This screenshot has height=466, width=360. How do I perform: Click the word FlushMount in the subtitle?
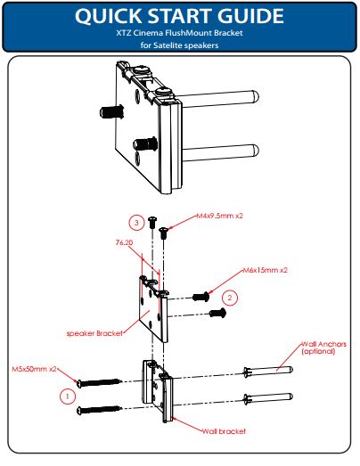coord(192,33)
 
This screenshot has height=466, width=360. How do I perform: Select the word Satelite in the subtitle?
coord(167,45)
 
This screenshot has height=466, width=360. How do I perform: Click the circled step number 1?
coord(68,397)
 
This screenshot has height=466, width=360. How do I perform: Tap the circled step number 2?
coord(230,298)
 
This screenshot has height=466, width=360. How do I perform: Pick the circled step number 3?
coord(136,223)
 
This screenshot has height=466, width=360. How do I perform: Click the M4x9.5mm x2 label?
coord(220,216)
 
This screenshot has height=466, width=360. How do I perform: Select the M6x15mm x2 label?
coord(266,270)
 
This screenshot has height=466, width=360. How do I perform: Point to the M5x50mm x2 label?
coord(34,369)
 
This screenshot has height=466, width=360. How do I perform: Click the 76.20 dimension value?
coord(124,242)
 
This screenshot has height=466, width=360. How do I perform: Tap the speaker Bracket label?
coord(94,333)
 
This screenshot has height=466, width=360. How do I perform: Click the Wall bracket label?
coord(224,431)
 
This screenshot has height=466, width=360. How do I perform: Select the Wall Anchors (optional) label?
coord(324,347)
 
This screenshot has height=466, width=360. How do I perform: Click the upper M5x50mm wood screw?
coord(100,382)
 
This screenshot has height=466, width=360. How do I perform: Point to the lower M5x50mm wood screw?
coord(100,410)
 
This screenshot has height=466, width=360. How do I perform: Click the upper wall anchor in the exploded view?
coord(268,371)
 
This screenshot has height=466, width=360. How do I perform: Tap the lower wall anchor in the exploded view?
coord(268,397)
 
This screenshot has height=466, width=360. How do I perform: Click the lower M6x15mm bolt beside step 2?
coord(218,313)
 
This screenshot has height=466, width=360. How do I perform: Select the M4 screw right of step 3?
coord(163,233)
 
